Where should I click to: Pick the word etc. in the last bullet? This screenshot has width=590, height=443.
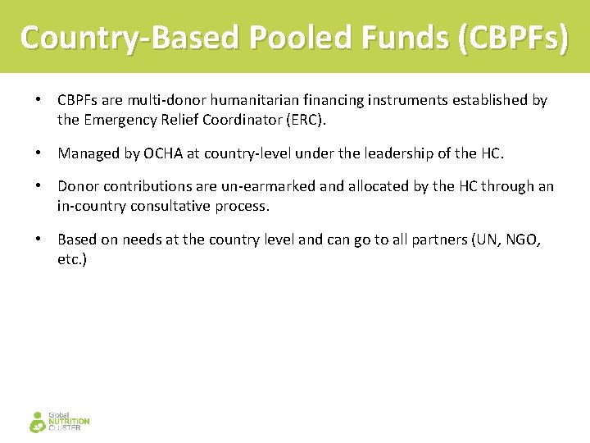tap(72, 259)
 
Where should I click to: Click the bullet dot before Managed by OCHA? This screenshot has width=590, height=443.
tap(38, 153)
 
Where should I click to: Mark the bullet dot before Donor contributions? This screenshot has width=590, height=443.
tap(38, 187)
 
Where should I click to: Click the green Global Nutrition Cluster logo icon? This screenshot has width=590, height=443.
tap(38, 422)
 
